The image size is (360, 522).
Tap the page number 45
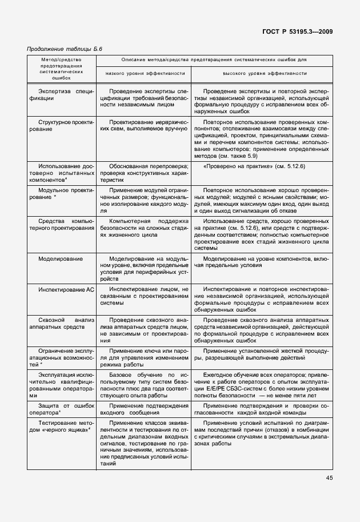click(329, 478)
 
